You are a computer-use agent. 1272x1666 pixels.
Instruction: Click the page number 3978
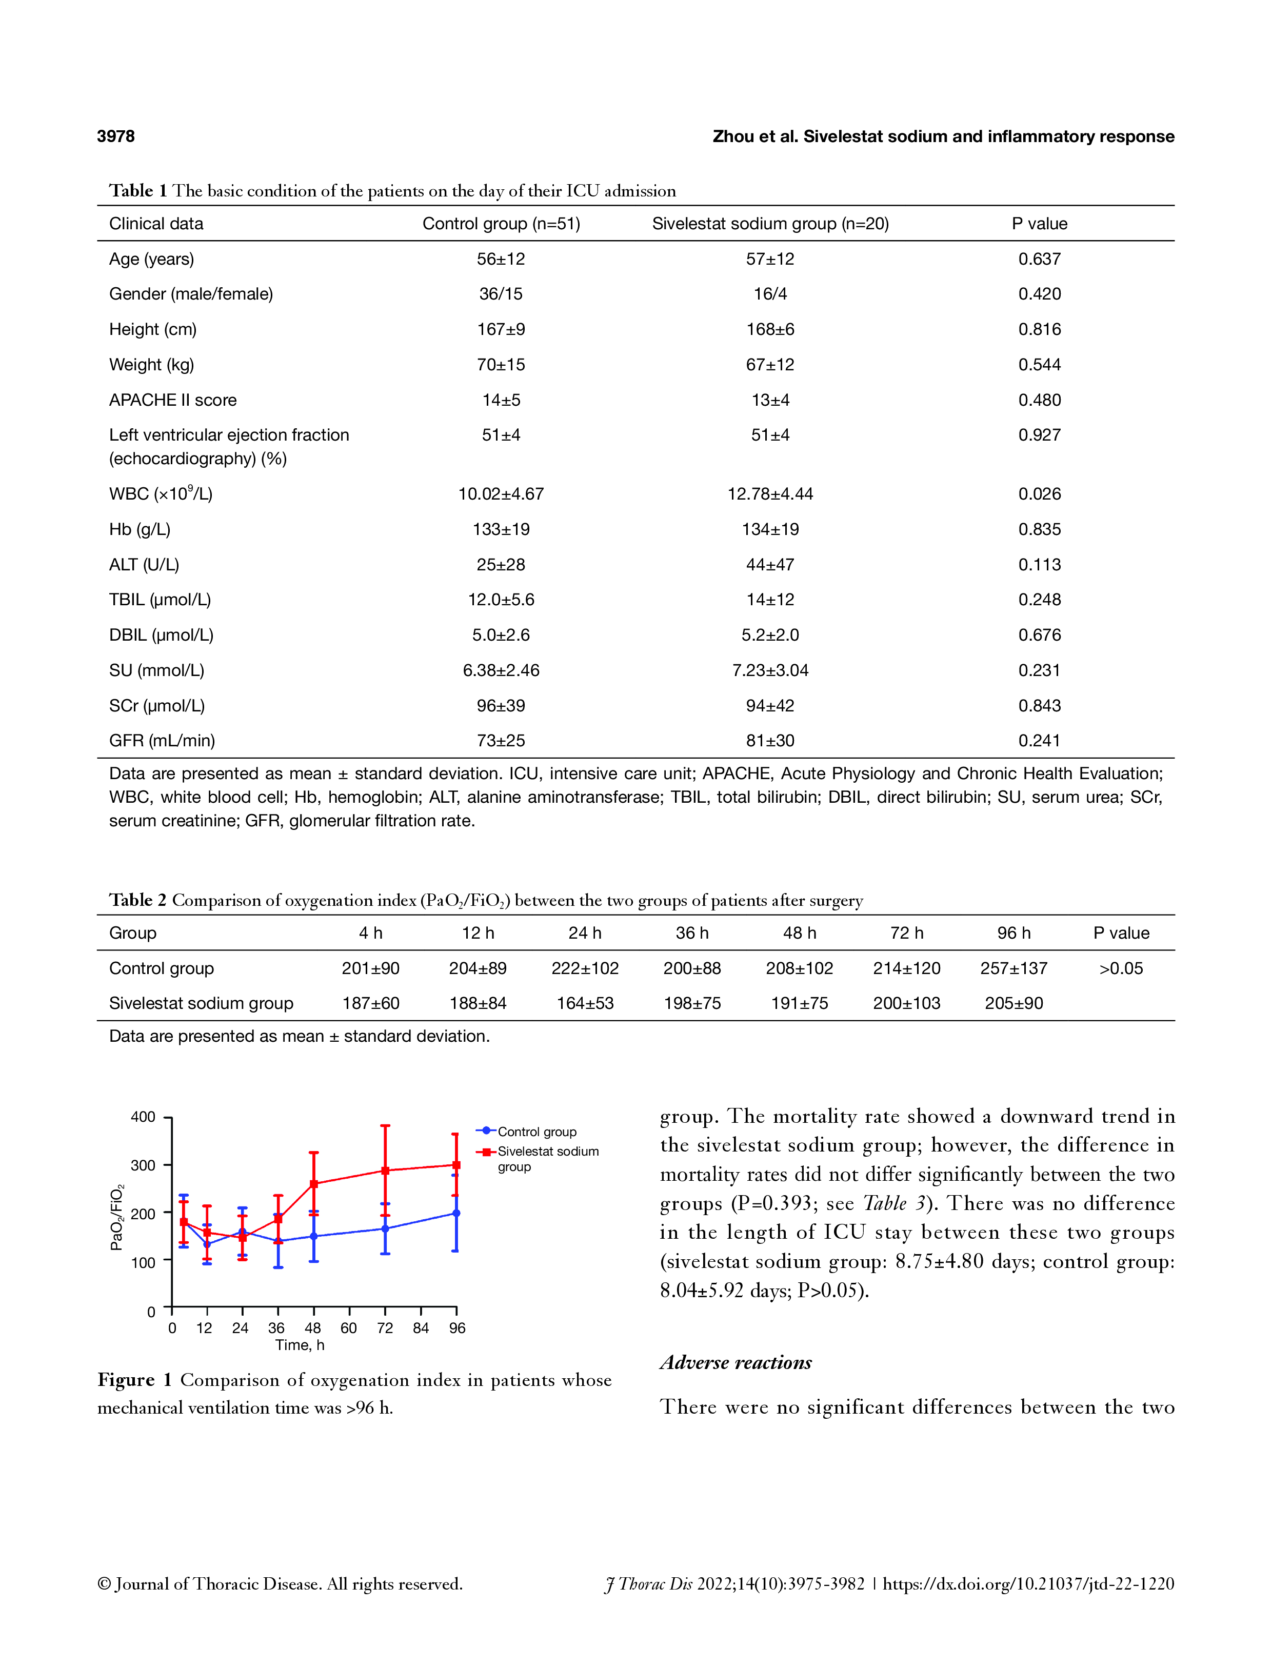click(116, 136)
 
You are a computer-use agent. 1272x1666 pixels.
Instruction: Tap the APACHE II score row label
click(173, 400)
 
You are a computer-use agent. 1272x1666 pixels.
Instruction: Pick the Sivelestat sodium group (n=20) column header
click(770, 224)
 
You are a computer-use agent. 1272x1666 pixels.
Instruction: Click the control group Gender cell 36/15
click(501, 294)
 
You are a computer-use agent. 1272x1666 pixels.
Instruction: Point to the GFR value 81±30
click(770, 741)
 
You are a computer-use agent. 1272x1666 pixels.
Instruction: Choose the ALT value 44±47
click(770, 564)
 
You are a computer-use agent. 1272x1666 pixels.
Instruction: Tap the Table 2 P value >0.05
click(1121, 968)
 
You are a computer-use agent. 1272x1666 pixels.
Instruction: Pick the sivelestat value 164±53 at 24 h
click(585, 1003)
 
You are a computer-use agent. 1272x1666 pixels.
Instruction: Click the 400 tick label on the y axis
click(143, 1117)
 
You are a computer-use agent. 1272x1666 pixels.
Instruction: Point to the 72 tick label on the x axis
click(385, 1328)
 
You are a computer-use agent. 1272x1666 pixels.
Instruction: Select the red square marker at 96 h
click(456, 1165)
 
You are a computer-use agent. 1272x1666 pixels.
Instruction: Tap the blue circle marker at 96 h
click(456, 1213)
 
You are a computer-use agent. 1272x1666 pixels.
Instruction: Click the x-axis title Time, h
click(300, 1345)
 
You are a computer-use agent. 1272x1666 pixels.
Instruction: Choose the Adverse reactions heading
click(735, 1362)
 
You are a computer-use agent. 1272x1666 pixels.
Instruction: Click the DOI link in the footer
click(1028, 1584)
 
